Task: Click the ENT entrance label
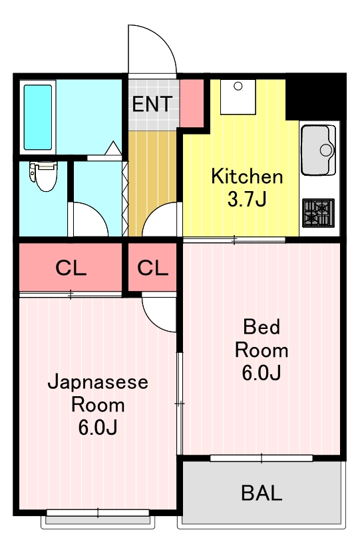(152, 105)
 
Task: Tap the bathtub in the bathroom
(38, 117)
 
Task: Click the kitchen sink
(319, 149)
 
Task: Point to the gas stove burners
(319, 213)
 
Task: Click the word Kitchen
(247, 177)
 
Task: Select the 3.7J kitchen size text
(247, 199)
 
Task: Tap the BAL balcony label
(262, 493)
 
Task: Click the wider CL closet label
(71, 268)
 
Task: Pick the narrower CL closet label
(153, 268)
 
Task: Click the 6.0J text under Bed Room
(261, 373)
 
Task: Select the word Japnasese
(97, 383)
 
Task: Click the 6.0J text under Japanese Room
(97, 427)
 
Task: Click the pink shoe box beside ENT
(192, 103)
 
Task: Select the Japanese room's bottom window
(98, 513)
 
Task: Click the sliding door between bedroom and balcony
(262, 458)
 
